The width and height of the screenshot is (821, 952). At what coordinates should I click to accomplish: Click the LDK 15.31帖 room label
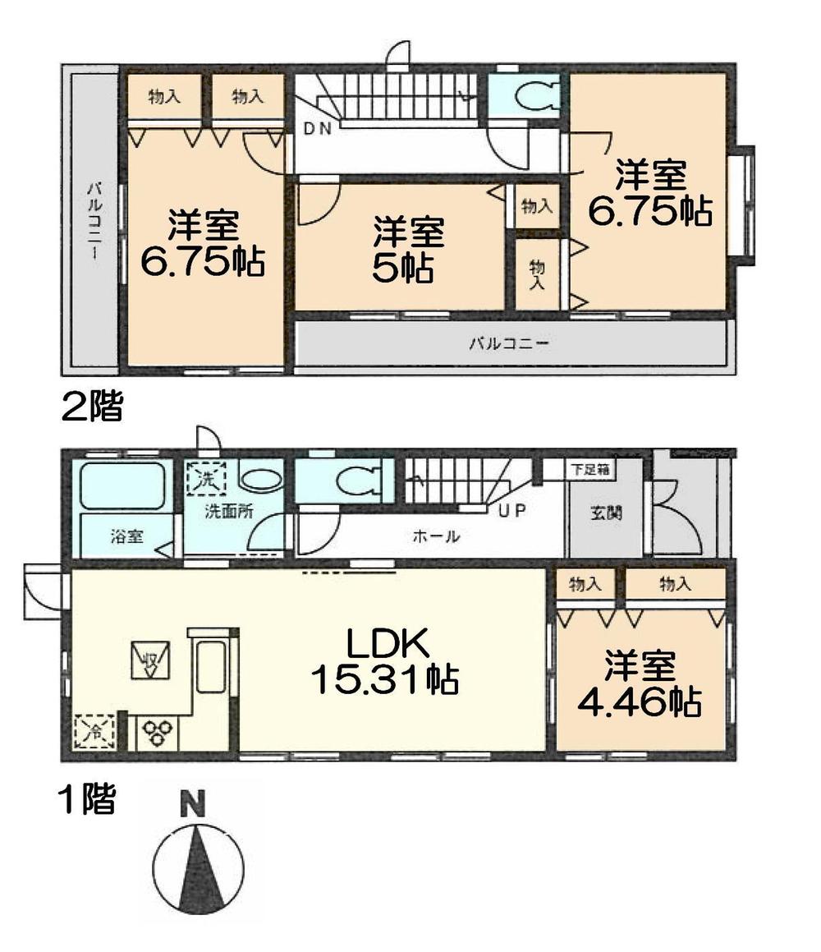[384, 662]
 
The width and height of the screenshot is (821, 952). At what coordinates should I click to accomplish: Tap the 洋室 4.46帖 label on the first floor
[640, 684]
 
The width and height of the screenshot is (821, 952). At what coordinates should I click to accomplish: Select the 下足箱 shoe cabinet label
[589, 469]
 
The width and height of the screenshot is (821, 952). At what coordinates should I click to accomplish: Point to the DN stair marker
[317, 128]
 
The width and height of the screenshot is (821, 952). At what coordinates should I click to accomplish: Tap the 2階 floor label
[92, 406]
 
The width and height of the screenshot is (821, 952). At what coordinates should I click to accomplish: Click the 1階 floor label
[87, 798]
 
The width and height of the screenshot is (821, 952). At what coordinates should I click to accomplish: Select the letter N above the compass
[192, 804]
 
